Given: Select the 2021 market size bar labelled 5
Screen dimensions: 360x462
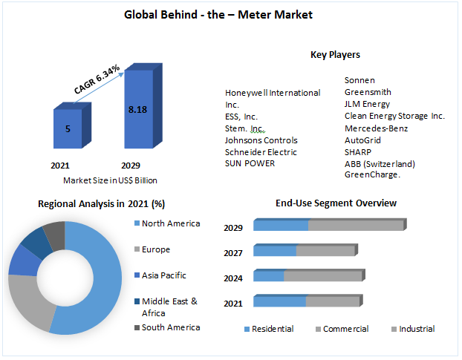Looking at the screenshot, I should pyautogui.click(x=68, y=129).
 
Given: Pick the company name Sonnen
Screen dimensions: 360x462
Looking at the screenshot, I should pyautogui.click(x=359, y=80).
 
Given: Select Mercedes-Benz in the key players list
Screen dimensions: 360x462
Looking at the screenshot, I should pyautogui.click(x=377, y=128).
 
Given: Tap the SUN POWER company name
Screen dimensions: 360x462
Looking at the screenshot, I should pyautogui.click(x=250, y=164).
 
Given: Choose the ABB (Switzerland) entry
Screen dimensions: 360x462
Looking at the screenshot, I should pyautogui.click(x=380, y=164).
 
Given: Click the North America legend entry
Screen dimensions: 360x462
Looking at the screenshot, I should pyautogui.click(x=170, y=224).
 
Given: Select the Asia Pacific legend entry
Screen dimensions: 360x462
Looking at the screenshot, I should pyautogui.click(x=163, y=275).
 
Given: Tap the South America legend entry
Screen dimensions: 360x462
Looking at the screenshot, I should pyautogui.click(x=170, y=327).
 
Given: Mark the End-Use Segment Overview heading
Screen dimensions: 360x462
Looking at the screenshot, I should pyautogui.click(x=336, y=203).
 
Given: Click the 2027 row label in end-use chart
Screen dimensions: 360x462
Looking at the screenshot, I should pyautogui.click(x=233, y=253).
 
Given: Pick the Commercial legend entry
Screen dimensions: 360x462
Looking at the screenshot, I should pyautogui.click(x=345, y=329).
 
